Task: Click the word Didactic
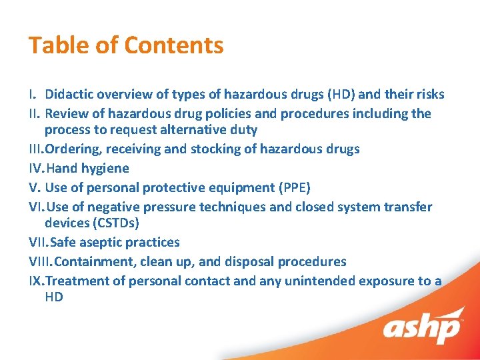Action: click(x=70, y=95)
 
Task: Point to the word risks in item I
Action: click(x=428, y=95)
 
